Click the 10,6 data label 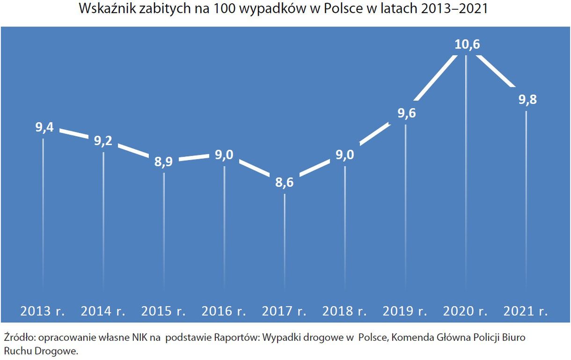tap(467, 45)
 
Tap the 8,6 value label tap(284, 183)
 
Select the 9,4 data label tap(44, 127)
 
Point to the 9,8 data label tap(527, 100)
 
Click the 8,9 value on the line tap(164, 162)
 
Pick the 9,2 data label tap(103, 141)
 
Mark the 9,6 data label tap(406, 113)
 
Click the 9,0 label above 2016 tap(224, 155)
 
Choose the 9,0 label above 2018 tap(345, 155)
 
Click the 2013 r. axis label tap(42, 311)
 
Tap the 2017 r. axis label tap(284, 311)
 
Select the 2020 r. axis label tap(465, 311)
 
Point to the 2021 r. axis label tap(526, 311)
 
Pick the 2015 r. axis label tap(163, 311)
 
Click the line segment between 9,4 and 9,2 tap(73, 134)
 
